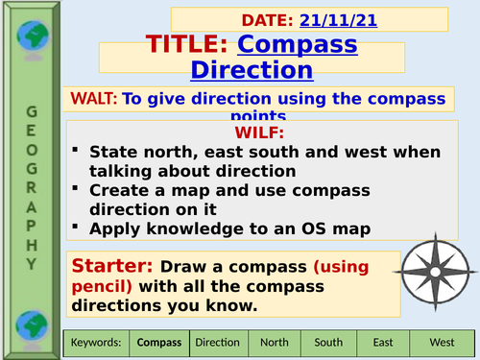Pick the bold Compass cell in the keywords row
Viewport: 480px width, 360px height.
pyautogui.click(x=158, y=341)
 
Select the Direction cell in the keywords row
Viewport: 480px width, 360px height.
pyautogui.click(x=217, y=341)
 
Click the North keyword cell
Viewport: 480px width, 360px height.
pyautogui.click(x=275, y=341)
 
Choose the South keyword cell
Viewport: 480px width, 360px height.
pyautogui.click(x=327, y=341)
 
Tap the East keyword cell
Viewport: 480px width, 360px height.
pyautogui.click(x=382, y=341)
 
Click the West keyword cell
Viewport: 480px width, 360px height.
pyautogui.click(x=442, y=341)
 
